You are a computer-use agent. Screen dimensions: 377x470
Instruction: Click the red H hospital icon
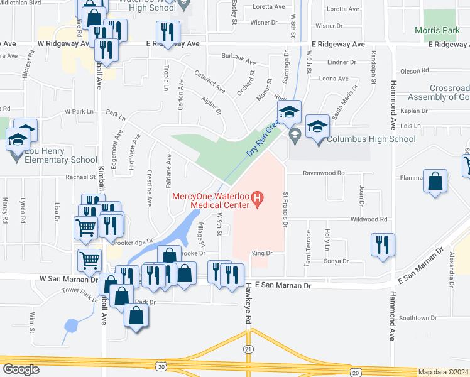coord(256,200)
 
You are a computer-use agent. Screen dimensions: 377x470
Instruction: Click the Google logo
coord(21,369)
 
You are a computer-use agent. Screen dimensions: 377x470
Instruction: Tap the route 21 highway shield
coord(248,349)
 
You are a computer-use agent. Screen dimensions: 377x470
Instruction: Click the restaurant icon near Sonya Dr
coord(383,245)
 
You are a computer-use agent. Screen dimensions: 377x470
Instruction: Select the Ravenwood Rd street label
coord(324,173)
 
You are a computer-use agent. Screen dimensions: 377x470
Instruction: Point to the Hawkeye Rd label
coord(249,311)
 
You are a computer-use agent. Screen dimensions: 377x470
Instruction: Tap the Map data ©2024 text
coord(443,372)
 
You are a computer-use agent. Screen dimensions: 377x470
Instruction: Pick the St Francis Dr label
coord(286,209)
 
